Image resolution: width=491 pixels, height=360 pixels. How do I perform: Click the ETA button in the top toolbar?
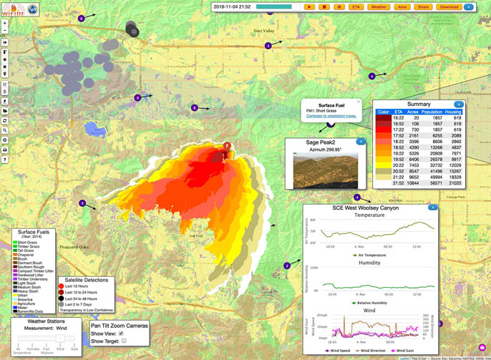356,6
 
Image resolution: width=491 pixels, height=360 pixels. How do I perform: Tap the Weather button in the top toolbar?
379,6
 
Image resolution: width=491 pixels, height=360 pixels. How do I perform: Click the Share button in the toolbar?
423,6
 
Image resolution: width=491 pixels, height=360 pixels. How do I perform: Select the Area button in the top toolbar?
402,6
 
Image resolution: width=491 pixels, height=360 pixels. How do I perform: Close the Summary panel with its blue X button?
459,104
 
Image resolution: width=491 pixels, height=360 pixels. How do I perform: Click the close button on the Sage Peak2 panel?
361,142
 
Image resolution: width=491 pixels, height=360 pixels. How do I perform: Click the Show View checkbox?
121,333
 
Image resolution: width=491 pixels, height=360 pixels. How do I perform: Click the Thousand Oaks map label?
74,247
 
